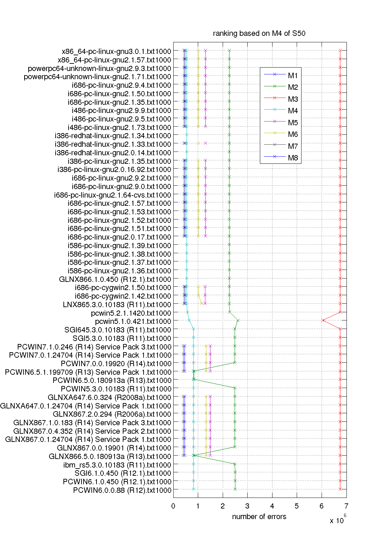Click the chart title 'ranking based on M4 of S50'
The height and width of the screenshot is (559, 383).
pos(259,33)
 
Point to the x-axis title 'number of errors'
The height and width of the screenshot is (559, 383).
pos(259,517)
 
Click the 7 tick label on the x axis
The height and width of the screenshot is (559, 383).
pos(346,506)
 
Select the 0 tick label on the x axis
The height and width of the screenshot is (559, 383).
pos(173,506)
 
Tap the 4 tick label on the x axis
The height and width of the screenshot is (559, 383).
pos(272,506)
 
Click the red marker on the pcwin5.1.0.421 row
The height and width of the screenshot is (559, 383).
pos(323,320)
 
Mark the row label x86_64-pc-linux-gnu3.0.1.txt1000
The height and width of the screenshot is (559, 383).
pos(116,52)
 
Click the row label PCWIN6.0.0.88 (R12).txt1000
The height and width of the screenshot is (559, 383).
pos(122,490)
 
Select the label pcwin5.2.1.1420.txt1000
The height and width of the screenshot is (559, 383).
pos(131,313)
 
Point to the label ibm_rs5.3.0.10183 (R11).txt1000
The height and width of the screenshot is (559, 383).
pos(117,465)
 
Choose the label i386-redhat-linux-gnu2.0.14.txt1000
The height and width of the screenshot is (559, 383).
pos(113,153)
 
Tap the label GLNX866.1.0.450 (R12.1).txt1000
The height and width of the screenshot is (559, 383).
pos(115,279)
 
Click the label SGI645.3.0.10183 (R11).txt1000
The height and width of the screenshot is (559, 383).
pos(118,330)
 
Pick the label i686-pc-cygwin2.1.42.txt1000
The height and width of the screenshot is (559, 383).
pos(123,296)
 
